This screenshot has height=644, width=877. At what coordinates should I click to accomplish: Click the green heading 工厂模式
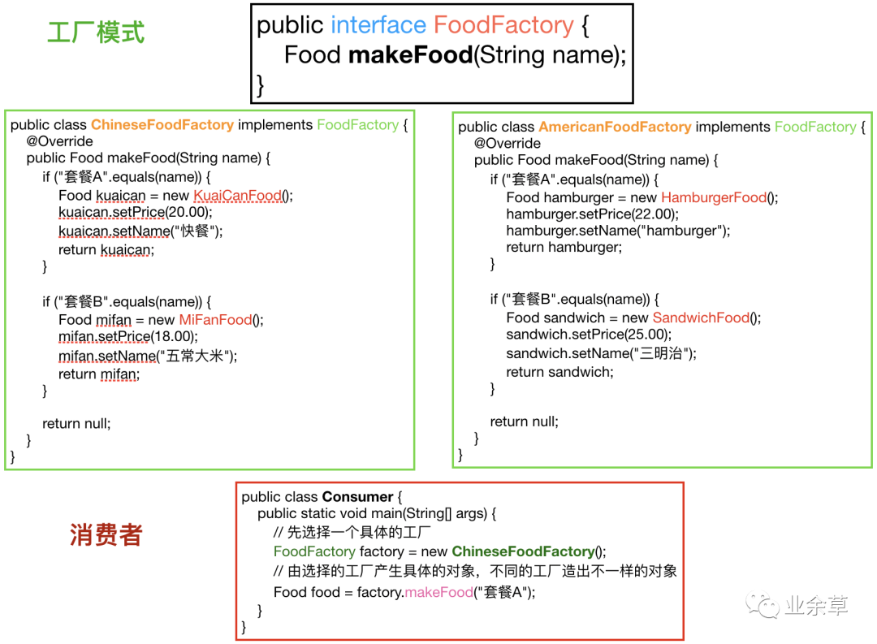tap(96, 32)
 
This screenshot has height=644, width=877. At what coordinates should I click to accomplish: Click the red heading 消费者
tap(106, 535)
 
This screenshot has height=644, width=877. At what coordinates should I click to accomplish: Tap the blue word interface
tap(378, 26)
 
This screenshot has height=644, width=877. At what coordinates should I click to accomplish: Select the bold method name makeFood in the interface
tap(410, 55)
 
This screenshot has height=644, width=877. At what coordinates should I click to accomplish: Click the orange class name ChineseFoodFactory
tap(162, 125)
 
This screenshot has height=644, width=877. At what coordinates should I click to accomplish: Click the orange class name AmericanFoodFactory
tap(615, 127)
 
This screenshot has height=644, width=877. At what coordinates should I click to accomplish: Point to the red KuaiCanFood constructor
tap(237, 196)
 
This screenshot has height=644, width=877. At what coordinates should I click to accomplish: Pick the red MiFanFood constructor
tap(215, 320)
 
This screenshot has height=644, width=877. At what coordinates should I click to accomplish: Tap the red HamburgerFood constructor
tap(713, 197)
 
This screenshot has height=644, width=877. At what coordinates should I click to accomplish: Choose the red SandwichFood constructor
tap(706, 318)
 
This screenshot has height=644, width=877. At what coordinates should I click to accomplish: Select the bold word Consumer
tap(357, 497)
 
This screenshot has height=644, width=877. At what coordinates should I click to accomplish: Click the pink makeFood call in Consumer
tap(438, 592)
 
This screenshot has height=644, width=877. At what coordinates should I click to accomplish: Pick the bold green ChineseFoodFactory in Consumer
tap(523, 551)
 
